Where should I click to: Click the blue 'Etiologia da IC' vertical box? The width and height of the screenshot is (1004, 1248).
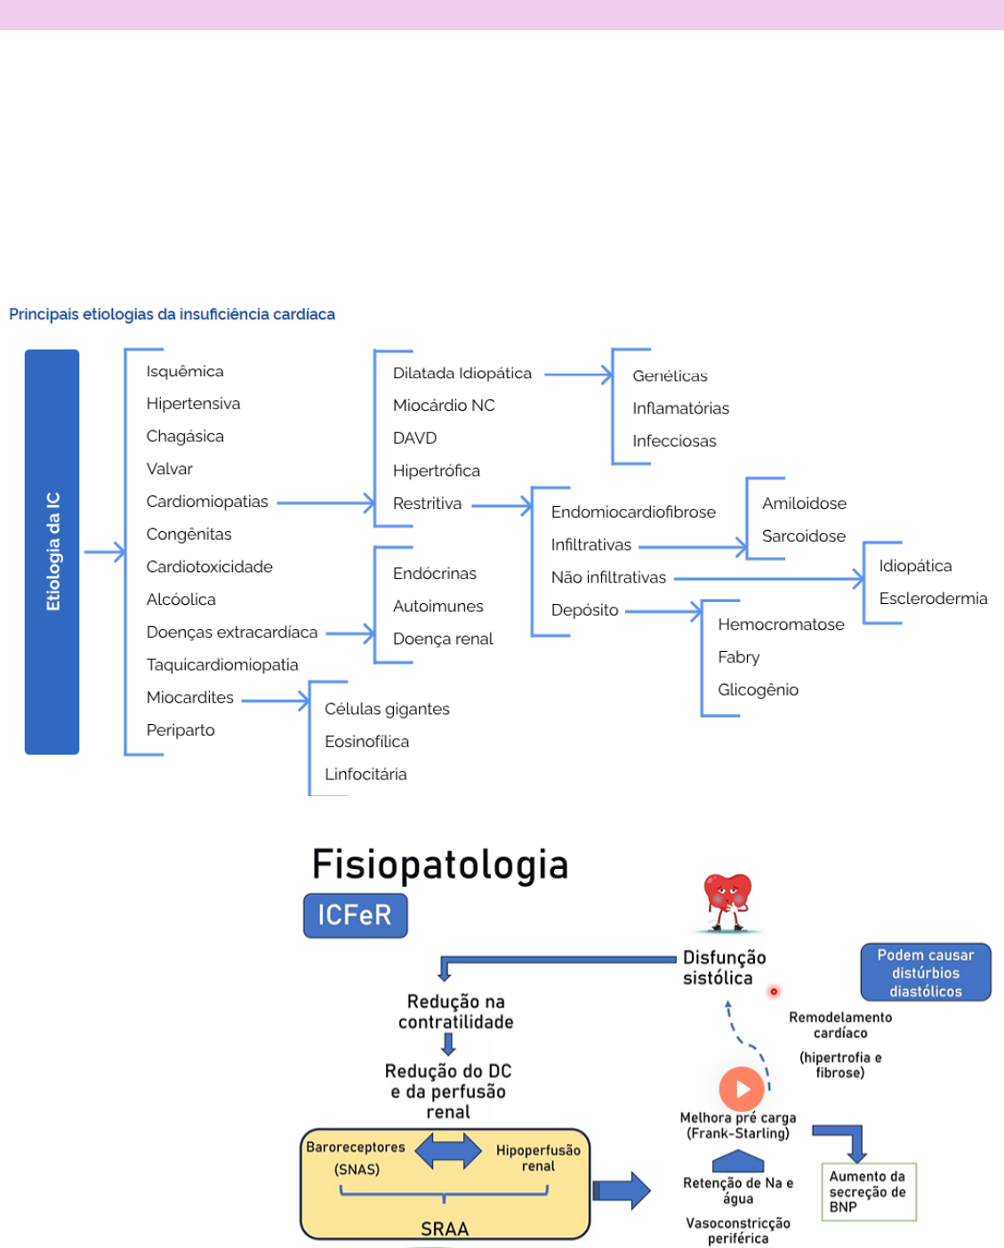click(52, 552)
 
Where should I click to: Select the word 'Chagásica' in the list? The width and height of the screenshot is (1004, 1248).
click(185, 437)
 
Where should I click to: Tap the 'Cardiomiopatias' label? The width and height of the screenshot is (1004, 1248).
click(207, 502)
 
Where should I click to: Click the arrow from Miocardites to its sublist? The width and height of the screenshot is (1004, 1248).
click(275, 701)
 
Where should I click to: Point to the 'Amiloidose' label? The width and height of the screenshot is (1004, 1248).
click(804, 503)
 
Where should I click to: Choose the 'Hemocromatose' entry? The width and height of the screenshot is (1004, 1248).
click(781, 624)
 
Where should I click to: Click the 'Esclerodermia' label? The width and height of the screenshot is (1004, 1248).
click(933, 599)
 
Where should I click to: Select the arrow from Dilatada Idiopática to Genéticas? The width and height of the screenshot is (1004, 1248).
click(578, 374)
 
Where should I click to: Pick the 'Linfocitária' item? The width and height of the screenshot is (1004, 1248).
click(365, 774)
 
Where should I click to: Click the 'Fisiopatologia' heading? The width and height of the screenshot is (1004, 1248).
click(440, 865)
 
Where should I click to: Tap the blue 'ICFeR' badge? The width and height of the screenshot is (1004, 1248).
click(355, 915)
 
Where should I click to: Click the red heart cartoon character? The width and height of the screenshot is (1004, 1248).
click(727, 901)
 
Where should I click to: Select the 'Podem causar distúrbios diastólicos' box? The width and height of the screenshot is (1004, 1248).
click(925, 972)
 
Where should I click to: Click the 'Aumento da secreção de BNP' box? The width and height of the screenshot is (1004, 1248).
click(868, 1191)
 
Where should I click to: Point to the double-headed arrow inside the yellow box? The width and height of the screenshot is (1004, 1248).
click(448, 1150)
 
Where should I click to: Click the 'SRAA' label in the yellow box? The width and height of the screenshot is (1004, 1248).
click(445, 1228)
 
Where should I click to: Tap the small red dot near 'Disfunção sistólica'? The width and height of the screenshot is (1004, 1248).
click(774, 991)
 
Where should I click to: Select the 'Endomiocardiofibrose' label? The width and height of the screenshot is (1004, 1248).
click(633, 512)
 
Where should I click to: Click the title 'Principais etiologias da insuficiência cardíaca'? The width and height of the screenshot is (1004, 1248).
click(172, 315)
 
